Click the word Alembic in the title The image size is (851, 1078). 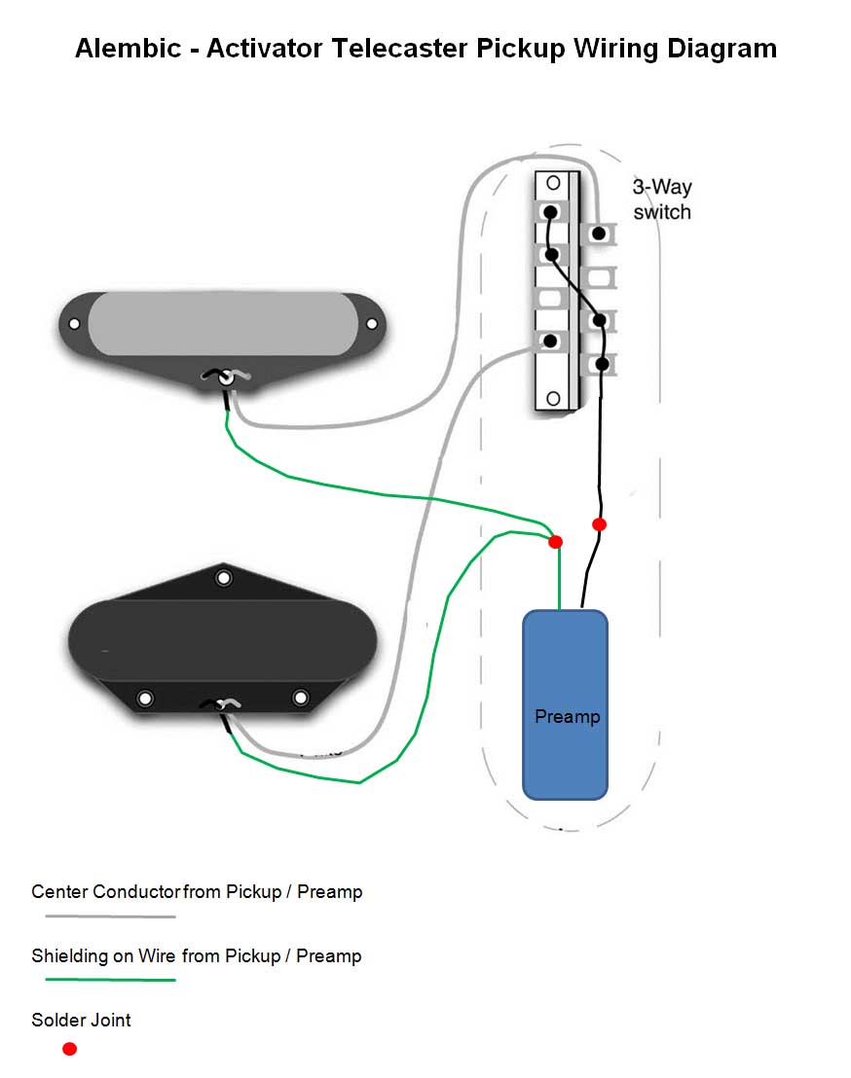pyautogui.click(x=129, y=49)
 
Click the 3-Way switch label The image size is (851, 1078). pyautogui.click(x=662, y=199)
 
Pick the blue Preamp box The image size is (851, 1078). pyautogui.click(x=566, y=704)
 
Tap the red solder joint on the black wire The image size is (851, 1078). pyautogui.click(x=600, y=524)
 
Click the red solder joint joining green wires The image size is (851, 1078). pyautogui.click(x=556, y=541)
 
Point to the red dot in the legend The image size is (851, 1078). pyautogui.click(x=69, y=1049)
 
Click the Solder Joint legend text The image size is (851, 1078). pyautogui.click(x=81, y=1021)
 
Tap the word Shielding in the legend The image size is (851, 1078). pyautogui.click(x=70, y=955)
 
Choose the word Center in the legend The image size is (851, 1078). pyautogui.click(x=59, y=891)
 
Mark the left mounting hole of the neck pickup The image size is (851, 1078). pyautogui.click(x=73, y=323)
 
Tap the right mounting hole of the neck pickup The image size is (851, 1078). pyautogui.click(x=371, y=324)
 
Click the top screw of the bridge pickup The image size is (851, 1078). pyautogui.click(x=225, y=579)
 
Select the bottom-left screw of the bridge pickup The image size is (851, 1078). pyautogui.click(x=146, y=698)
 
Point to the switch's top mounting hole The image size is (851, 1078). pyautogui.click(x=552, y=183)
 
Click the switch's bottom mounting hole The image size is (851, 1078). pyautogui.click(x=552, y=397)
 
